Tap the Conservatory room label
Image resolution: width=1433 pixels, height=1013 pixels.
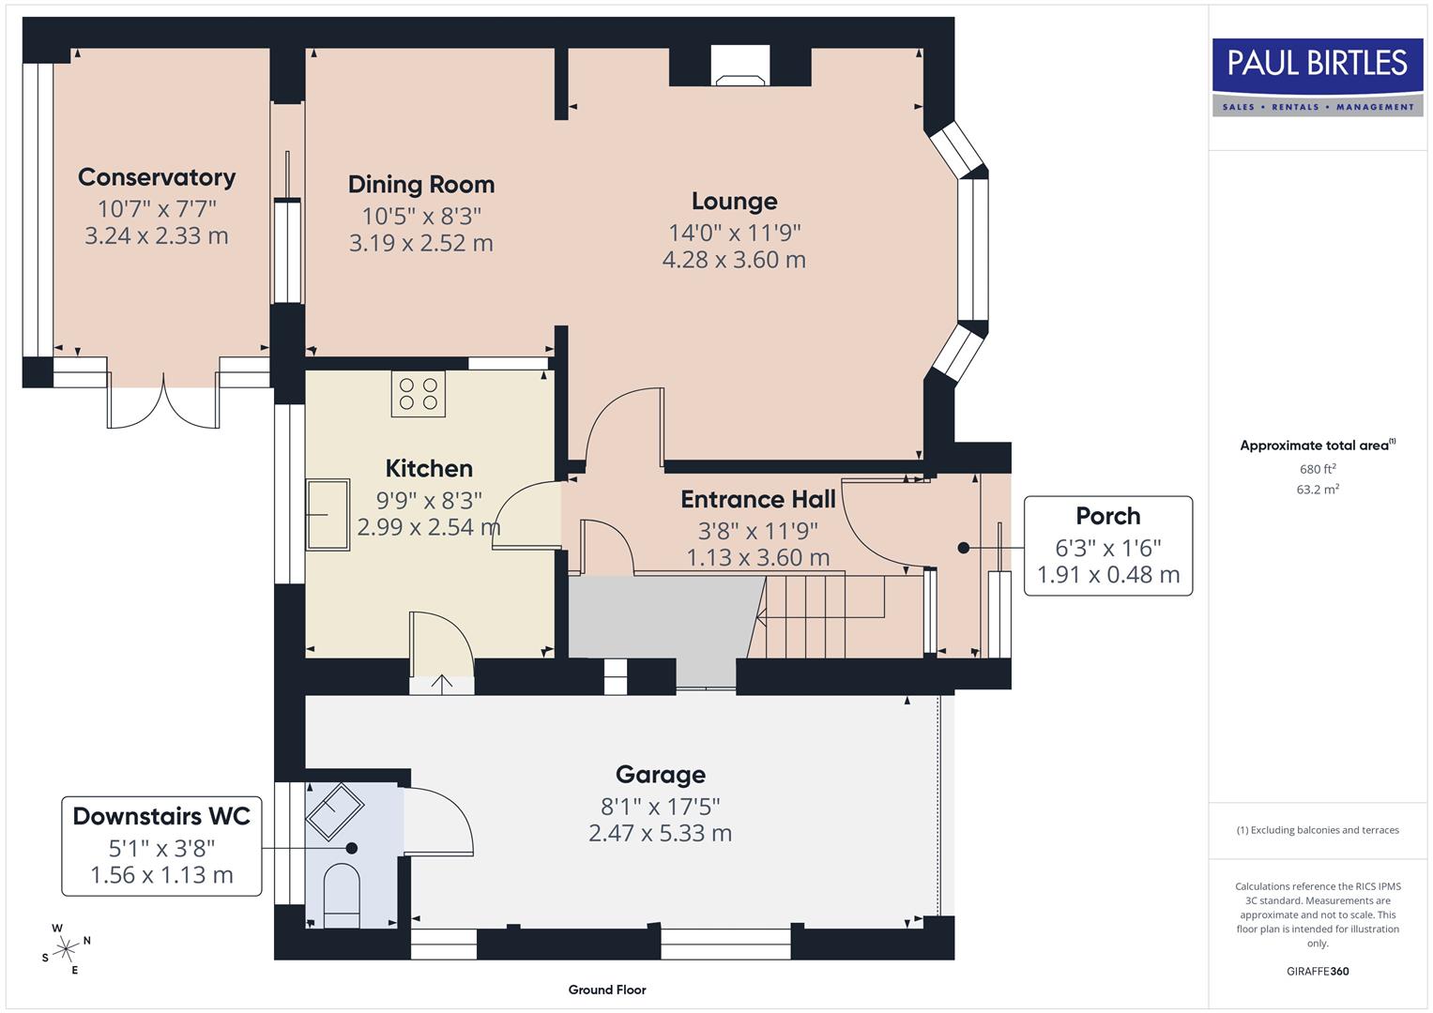[x=157, y=177]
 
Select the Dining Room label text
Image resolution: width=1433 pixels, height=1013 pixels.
[x=420, y=185]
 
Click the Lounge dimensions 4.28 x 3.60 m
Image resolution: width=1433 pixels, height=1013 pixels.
[x=734, y=260]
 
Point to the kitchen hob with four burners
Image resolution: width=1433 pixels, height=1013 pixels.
[x=419, y=394]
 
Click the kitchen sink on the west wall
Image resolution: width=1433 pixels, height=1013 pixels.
[x=328, y=514]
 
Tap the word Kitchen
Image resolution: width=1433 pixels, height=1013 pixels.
[x=429, y=468]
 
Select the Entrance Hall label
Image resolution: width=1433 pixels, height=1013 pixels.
[x=757, y=499]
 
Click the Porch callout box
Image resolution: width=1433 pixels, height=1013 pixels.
[x=1107, y=546]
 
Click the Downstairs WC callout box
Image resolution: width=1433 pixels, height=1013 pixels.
[x=161, y=846]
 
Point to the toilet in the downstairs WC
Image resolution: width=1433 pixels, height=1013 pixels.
[x=341, y=896]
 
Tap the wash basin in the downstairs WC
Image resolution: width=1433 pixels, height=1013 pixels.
[x=334, y=810]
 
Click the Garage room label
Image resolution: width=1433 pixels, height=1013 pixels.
[x=660, y=775]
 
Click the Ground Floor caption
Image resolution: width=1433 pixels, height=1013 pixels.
[x=606, y=990]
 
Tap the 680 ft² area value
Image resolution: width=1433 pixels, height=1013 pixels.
[x=1318, y=469]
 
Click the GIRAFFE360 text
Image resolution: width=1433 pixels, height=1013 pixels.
[x=1318, y=971]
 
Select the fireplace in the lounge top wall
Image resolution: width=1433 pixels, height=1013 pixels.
[x=739, y=67]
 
